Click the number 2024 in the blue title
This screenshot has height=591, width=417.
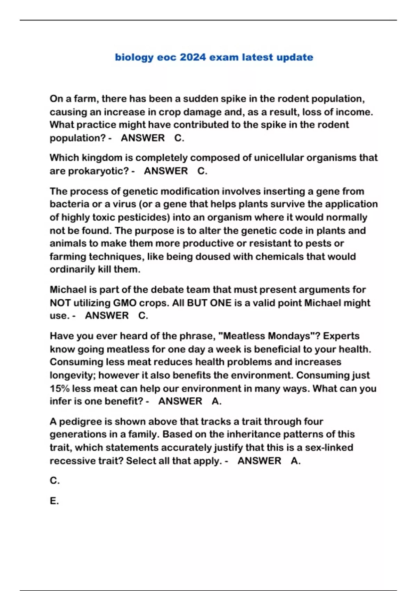coord(193,57)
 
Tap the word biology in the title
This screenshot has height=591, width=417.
coord(134,58)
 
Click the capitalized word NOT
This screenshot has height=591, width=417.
coord(60,303)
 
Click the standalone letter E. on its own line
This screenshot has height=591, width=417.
coord(54,501)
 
